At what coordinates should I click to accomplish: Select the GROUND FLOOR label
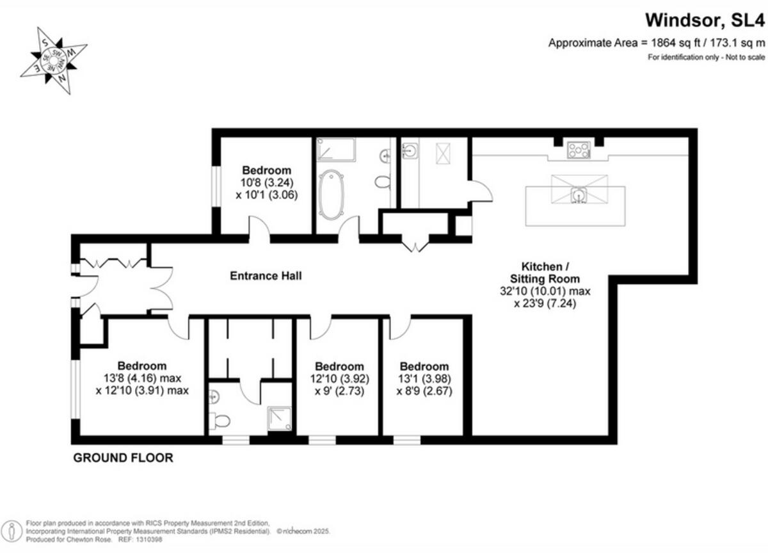pos(123,458)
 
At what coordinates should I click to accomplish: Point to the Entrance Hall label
pos(266,276)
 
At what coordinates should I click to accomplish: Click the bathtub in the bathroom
pos(332,195)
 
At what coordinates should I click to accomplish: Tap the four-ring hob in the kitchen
pos(579,151)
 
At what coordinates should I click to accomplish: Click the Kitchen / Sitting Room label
pos(545,272)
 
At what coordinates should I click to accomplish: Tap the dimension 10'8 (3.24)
pos(266,182)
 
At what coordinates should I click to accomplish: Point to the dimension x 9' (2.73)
pos(339,390)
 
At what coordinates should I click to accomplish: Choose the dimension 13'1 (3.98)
pos(424,378)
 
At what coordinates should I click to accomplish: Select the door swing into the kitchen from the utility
pos(481,191)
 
